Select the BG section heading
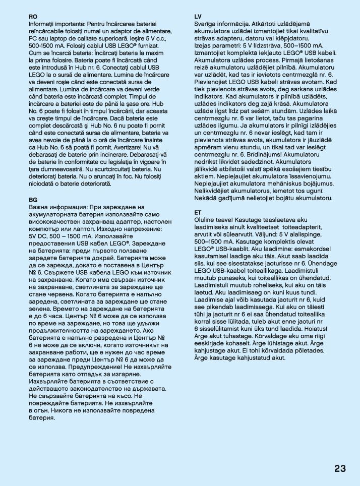click(x=33, y=200)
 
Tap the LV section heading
click(x=198, y=16)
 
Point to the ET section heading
click(x=198, y=213)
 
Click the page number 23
click(x=340, y=468)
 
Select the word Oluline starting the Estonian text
click(x=207, y=220)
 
